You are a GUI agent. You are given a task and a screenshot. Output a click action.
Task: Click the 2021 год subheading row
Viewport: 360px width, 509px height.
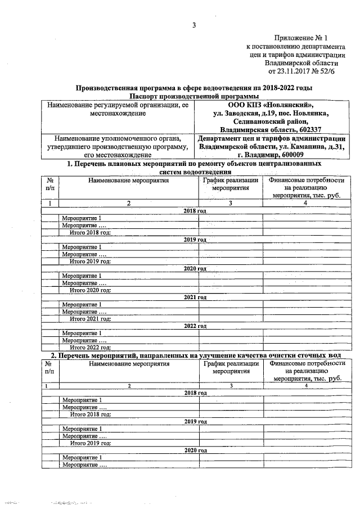point(195,297)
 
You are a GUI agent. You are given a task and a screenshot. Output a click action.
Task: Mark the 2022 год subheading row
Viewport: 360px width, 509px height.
point(195,326)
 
